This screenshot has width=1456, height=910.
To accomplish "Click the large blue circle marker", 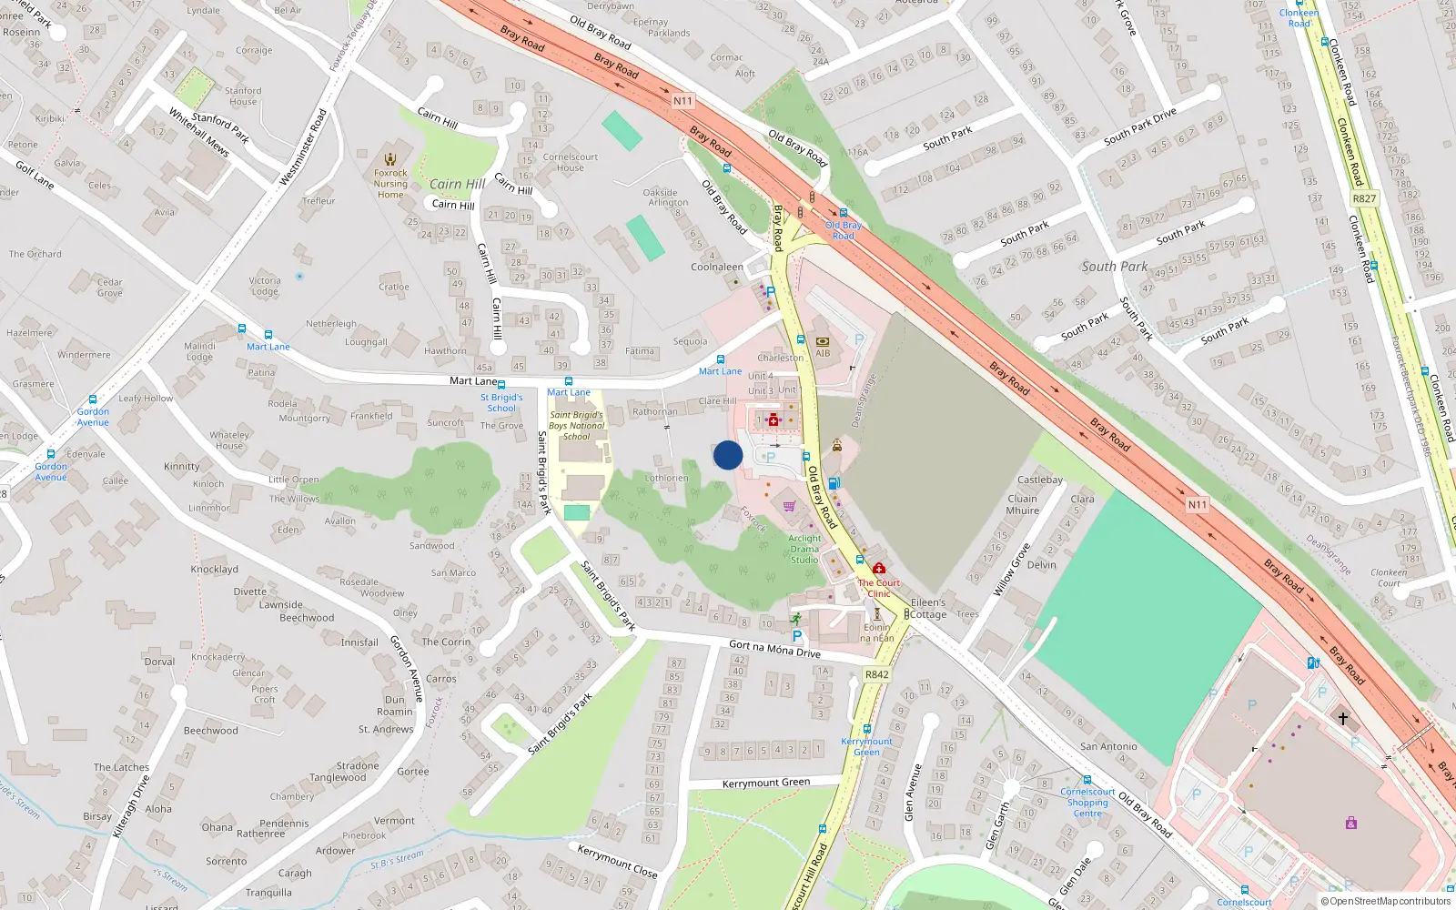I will pyautogui.click(x=728, y=455).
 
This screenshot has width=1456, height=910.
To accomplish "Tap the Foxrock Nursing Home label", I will pyautogui.click(x=390, y=183).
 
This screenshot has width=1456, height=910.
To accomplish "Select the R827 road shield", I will pyautogui.click(x=1364, y=198).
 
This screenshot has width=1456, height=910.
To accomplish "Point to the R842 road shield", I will pyautogui.click(x=876, y=674).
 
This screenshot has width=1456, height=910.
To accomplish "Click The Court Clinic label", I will pyautogui.click(x=878, y=588).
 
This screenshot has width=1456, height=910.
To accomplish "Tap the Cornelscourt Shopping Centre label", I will pyautogui.click(x=1087, y=803).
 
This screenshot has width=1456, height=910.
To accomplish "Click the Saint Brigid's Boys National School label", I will pyautogui.click(x=576, y=425).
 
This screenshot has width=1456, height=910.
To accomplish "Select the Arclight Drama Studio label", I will pyautogui.click(x=804, y=549).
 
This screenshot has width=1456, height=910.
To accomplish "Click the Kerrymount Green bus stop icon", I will pyautogui.click(x=866, y=728).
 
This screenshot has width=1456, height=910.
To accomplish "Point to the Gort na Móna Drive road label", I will pyautogui.click(x=774, y=649).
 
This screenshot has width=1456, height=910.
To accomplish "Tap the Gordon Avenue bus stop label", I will pyautogui.click(x=93, y=417).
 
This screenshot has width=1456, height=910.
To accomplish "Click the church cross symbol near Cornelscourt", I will pyautogui.click(x=1342, y=718).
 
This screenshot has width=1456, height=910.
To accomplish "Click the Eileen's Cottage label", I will pyautogui.click(x=928, y=608).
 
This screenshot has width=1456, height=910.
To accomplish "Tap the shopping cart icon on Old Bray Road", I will pyautogui.click(x=789, y=506).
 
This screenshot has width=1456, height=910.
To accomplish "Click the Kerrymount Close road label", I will pyautogui.click(x=617, y=860).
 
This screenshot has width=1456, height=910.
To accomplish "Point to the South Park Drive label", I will pyautogui.click(x=1139, y=126).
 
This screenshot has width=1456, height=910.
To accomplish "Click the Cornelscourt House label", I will pyautogui.click(x=570, y=162).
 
